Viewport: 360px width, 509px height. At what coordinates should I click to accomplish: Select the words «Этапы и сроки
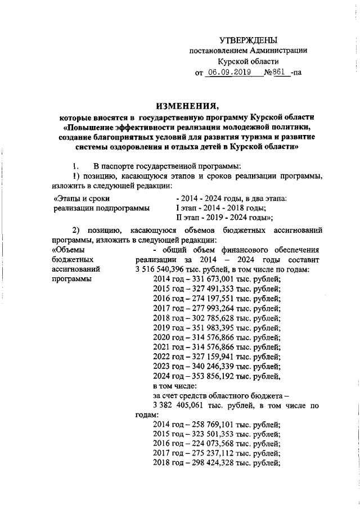click(78, 199)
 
